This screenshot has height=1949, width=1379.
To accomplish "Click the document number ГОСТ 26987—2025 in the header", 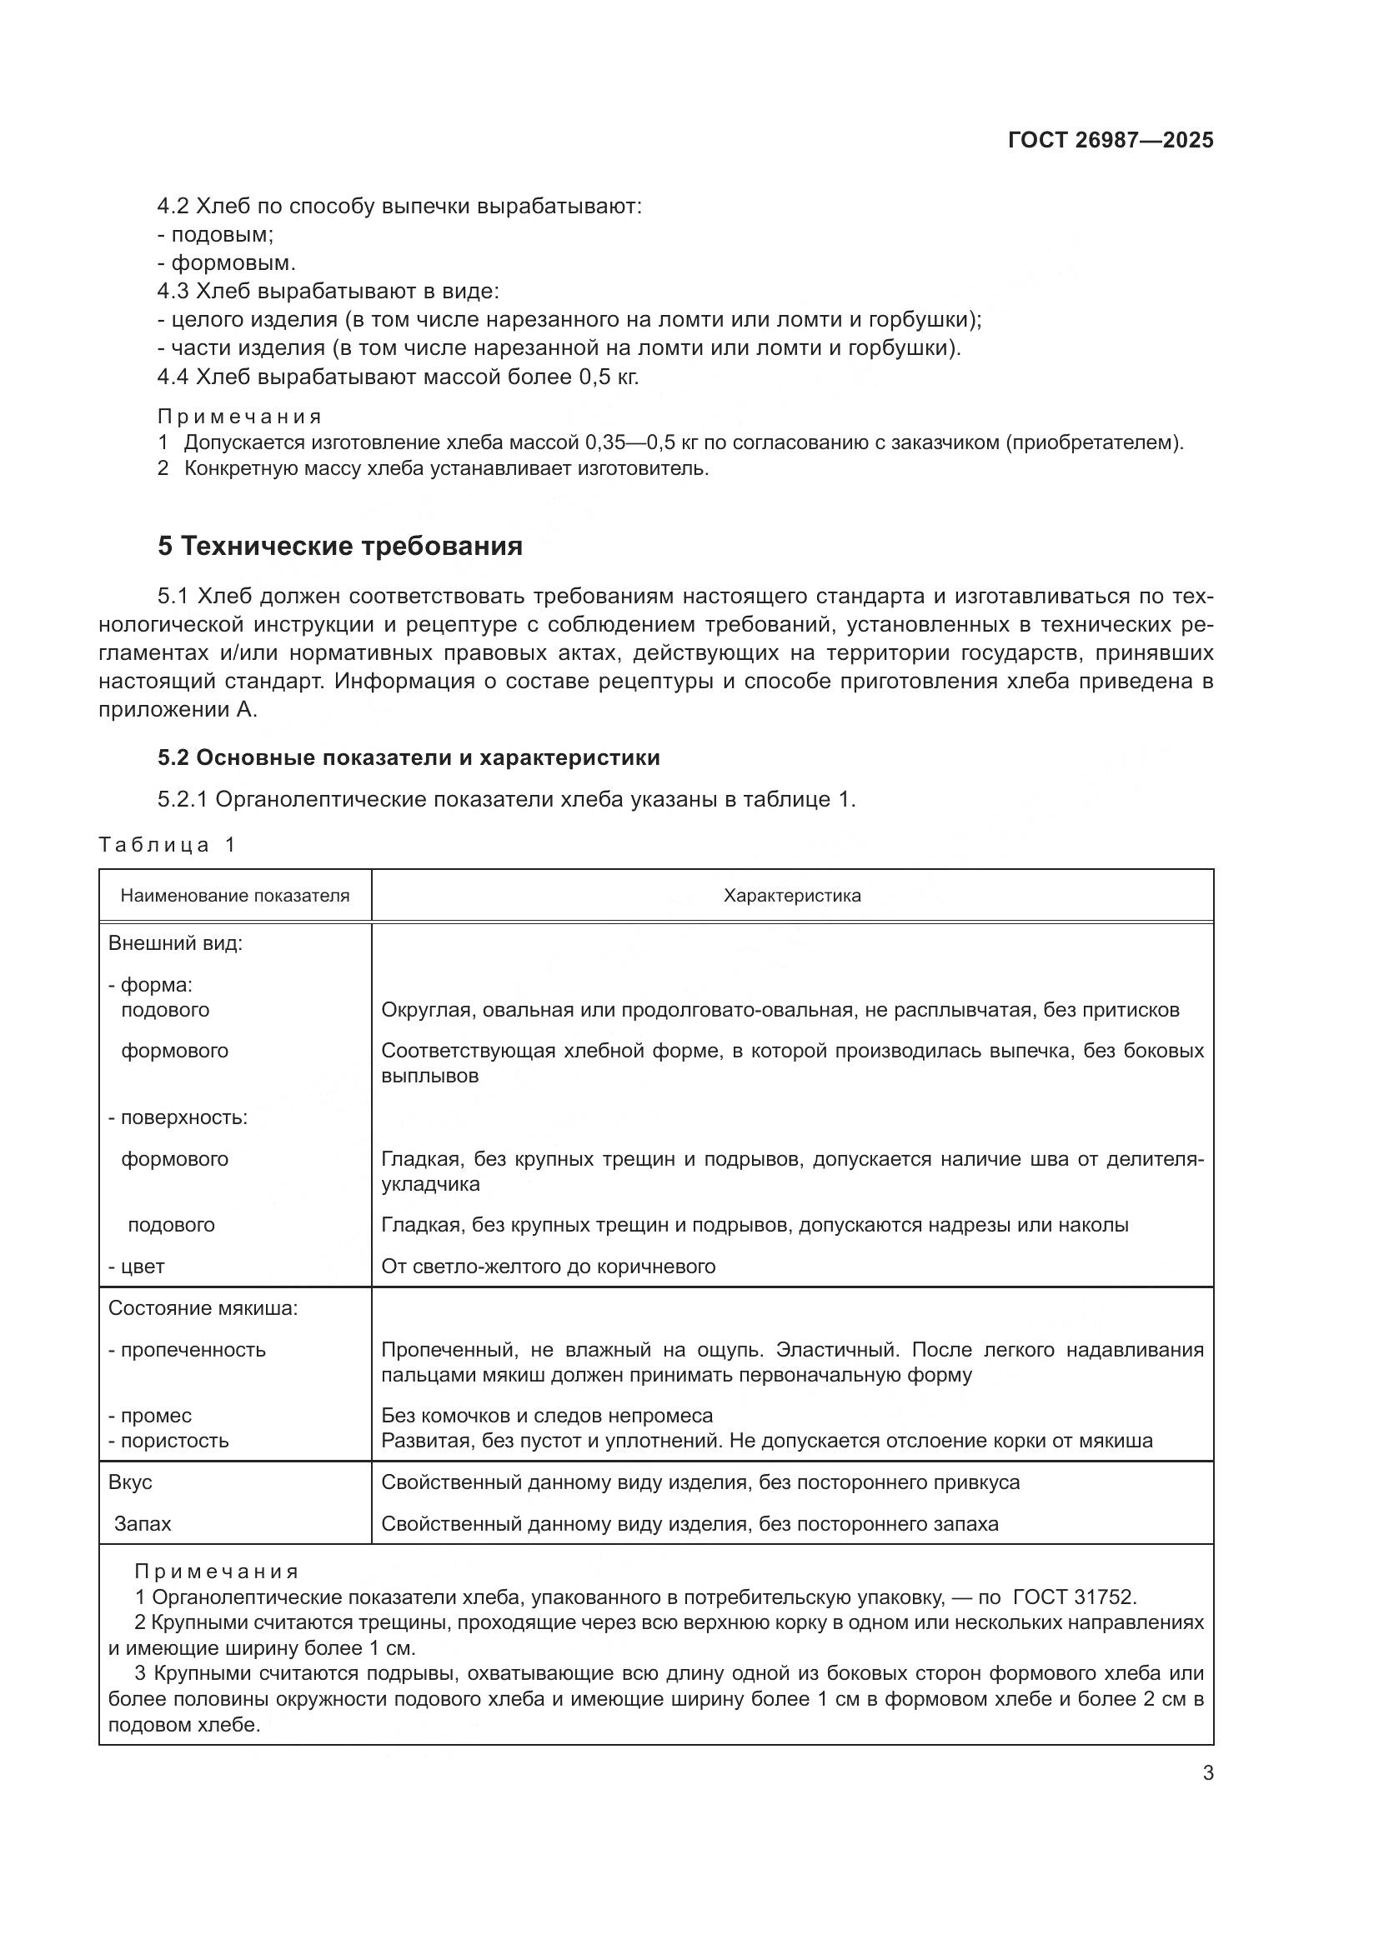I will [x=1110, y=141].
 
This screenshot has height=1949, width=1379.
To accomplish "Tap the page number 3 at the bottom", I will [x=1207, y=1773].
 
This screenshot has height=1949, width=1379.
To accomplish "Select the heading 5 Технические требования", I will [x=339, y=546].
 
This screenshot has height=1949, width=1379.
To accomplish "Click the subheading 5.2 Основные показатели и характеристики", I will [x=409, y=757].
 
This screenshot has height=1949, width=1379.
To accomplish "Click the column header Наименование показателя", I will [x=234, y=896].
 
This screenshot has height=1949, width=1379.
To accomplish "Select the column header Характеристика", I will [x=791, y=896].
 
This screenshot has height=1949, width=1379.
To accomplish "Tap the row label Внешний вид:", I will [x=175, y=943].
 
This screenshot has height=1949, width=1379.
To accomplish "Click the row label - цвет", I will [x=137, y=1267].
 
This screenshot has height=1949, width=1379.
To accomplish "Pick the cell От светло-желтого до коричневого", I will [x=548, y=1267].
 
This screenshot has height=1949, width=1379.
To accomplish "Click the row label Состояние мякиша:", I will [x=203, y=1308].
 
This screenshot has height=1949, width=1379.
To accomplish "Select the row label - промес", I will [x=150, y=1415].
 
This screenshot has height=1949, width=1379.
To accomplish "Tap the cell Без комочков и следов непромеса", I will [x=547, y=1415].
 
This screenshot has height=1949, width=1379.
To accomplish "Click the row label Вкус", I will [x=130, y=1482].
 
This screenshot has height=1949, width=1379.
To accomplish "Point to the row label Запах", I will [x=143, y=1524].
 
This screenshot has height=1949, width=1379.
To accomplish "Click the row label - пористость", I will [x=168, y=1441].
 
